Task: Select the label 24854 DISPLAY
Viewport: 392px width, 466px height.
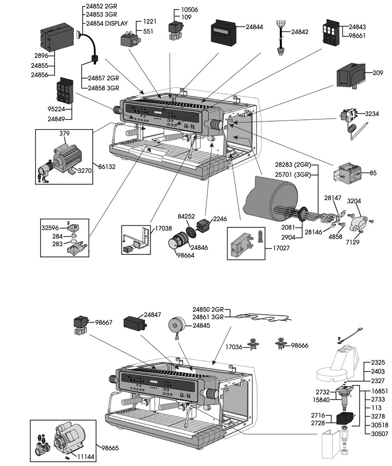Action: coord(104,23)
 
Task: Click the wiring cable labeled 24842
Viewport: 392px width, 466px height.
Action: coord(280,37)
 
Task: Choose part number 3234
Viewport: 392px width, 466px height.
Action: coord(372,113)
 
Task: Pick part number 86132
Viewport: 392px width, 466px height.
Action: coord(107,166)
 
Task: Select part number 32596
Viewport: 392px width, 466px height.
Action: coord(50,227)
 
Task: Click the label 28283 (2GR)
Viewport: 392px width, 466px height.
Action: coord(298,165)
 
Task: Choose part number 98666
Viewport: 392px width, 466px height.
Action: coord(300,345)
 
